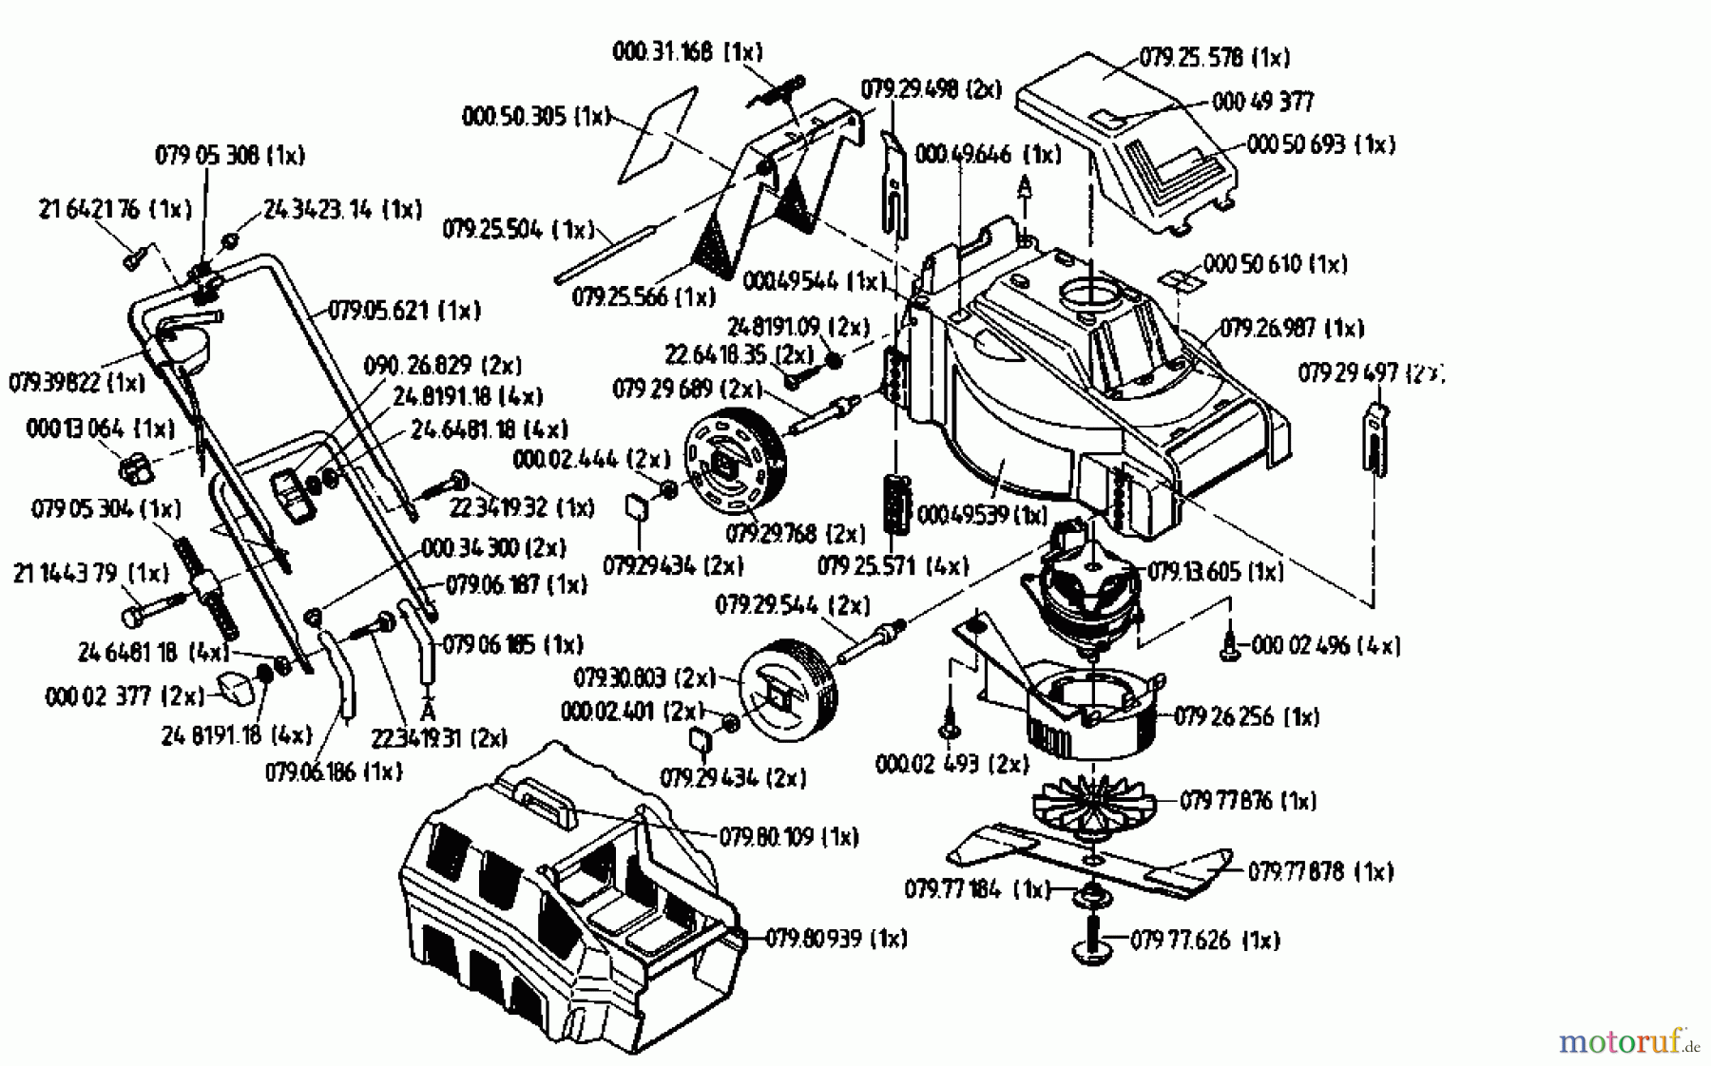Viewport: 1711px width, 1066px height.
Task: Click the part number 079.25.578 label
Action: point(1214,58)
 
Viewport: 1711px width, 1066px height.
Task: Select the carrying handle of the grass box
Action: point(546,796)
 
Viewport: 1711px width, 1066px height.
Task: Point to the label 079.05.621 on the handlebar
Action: point(405,311)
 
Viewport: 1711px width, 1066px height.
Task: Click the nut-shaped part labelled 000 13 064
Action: point(133,466)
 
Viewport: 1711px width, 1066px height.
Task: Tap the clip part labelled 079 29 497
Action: point(1377,437)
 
